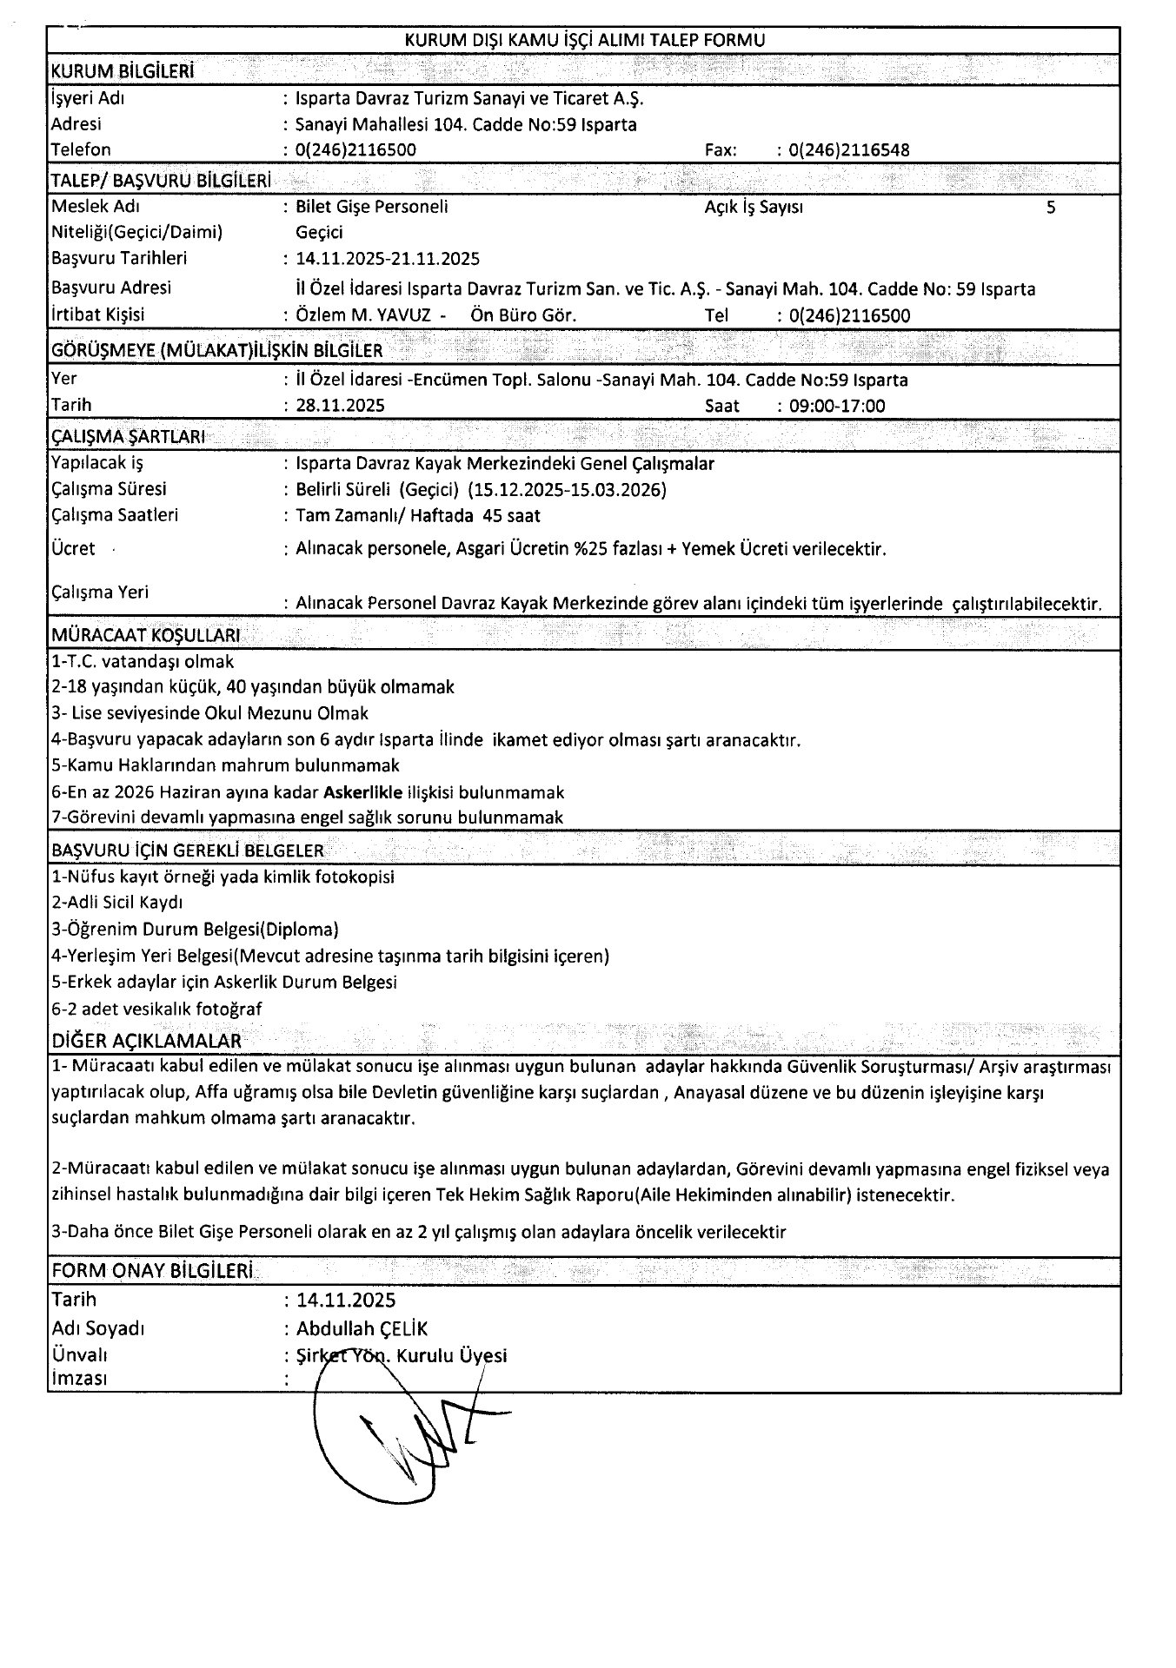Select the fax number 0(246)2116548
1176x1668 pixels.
pos(849,150)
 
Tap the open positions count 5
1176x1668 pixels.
pos(1051,208)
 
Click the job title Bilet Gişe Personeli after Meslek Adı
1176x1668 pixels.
pos(372,208)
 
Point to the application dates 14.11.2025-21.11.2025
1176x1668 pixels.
pos(388,259)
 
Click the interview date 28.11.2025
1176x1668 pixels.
pos(340,406)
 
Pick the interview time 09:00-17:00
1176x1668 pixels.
pos(837,406)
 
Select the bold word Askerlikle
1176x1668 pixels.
pos(362,792)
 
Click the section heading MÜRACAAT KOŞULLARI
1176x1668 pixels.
pos(146,635)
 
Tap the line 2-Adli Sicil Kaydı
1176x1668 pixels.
pos(117,903)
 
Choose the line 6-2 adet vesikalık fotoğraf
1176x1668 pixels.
pos(157,1009)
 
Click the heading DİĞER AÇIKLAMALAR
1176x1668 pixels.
pos(147,1041)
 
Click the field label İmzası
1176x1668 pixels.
pos(80,1379)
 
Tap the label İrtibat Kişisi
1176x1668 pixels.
pos(99,315)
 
